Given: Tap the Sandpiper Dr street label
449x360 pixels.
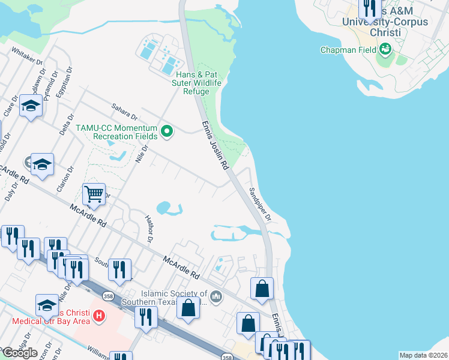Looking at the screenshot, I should (x=260, y=205).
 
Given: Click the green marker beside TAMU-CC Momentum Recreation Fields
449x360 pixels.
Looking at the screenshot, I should (x=168, y=130).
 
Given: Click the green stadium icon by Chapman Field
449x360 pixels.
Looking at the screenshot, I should (x=385, y=49).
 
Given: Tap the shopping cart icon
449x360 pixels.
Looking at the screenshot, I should (x=94, y=194).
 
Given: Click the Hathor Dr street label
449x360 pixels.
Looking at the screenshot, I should (x=148, y=230).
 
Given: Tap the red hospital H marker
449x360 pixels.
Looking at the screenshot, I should (x=100, y=314).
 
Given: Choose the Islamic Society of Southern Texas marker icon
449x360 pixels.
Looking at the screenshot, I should (x=217, y=296).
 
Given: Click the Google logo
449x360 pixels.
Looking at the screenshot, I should (x=19, y=353).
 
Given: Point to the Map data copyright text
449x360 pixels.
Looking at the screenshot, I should (x=424, y=355).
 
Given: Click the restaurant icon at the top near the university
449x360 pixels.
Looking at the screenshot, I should (x=369, y=8).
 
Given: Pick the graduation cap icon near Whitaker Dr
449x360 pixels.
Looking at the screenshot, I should (x=30, y=106).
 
